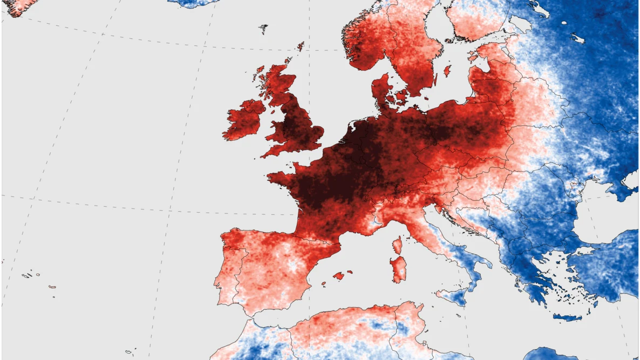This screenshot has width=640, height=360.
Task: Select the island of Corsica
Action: point(397,246)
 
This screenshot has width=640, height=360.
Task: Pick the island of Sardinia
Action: point(398,269)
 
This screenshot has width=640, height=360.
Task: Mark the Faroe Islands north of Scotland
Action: point(263,29)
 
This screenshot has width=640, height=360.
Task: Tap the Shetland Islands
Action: point(301,46)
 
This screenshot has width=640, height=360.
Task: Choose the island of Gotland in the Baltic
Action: point(447,71)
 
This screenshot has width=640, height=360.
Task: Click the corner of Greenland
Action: point(16,6)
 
